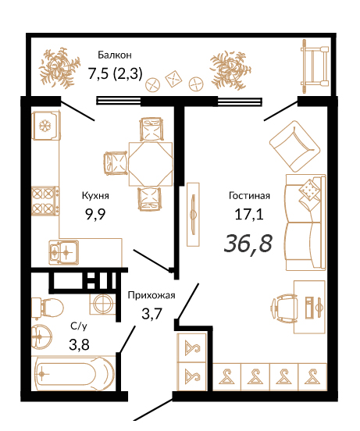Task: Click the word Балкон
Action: (115, 55)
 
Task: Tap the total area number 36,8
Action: (248, 244)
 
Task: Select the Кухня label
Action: (95, 196)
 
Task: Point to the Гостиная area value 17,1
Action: (249, 214)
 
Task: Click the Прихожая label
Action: (151, 295)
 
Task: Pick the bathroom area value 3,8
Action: (79, 344)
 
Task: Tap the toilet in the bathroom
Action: (47, 308)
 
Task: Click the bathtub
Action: (73, 373)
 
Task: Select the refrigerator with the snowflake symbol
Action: (45, 126)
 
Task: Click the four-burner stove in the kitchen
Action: (45, 201)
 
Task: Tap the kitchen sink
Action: (63, 252)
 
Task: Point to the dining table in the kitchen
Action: (151, 164)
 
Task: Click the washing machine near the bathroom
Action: (103, 304)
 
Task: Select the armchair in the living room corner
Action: (294, 146)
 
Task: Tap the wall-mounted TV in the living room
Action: (193, 215)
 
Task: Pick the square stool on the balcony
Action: (173, 79)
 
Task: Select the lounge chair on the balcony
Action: (315, 66)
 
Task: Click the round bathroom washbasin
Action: (41, 337)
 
